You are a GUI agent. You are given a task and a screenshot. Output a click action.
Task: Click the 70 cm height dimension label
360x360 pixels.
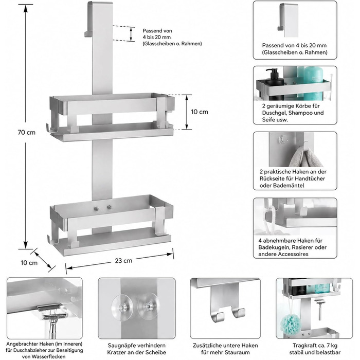pos(27,133)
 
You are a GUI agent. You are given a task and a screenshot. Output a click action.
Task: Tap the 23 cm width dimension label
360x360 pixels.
pos(123,261)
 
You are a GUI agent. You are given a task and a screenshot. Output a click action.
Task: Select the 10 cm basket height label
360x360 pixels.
pos(200,112)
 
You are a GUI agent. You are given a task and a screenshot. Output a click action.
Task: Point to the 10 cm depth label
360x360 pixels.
pos(29,263)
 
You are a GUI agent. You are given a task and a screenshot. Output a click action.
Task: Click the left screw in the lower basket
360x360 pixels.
pos(97,208)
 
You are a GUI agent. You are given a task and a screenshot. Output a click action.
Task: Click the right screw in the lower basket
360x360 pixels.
pos(109,208)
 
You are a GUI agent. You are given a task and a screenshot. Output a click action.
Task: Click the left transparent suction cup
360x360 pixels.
pos(122,307)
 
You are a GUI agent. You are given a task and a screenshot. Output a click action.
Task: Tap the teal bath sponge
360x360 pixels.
pos(291,325)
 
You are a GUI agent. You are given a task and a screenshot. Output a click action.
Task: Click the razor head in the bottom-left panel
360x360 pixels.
pos(53,312)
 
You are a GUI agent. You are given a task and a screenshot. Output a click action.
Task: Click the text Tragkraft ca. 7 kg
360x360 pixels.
pos(315,345)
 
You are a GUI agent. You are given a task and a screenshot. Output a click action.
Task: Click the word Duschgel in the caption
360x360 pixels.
pos(274,113)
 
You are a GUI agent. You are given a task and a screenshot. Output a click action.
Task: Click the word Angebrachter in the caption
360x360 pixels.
pos(22,344)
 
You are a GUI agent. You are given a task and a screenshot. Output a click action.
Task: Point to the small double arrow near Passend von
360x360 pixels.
pos(131,34)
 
